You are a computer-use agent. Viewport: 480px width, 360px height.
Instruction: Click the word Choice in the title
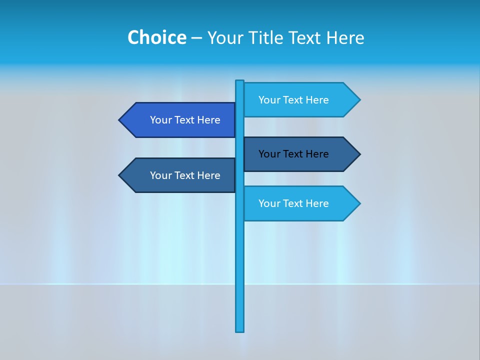pos(156,37)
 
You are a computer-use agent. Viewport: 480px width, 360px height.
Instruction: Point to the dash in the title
pos(196,38)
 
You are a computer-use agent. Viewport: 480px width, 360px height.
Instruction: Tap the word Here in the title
pos(345,37)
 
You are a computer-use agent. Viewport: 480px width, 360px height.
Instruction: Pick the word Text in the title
pos(305,37)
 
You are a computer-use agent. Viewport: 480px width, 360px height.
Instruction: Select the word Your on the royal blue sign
pos(160,120)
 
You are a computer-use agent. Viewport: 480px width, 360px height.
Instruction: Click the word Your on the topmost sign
pos(269,100)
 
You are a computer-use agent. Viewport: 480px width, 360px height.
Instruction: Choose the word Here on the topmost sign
pos(317,100)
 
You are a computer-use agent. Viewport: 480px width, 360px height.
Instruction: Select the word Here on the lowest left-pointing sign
pos(209,175)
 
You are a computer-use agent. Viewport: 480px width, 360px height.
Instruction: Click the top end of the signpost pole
pos(240,81)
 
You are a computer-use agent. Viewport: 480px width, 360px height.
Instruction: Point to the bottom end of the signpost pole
pos(240,330)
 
